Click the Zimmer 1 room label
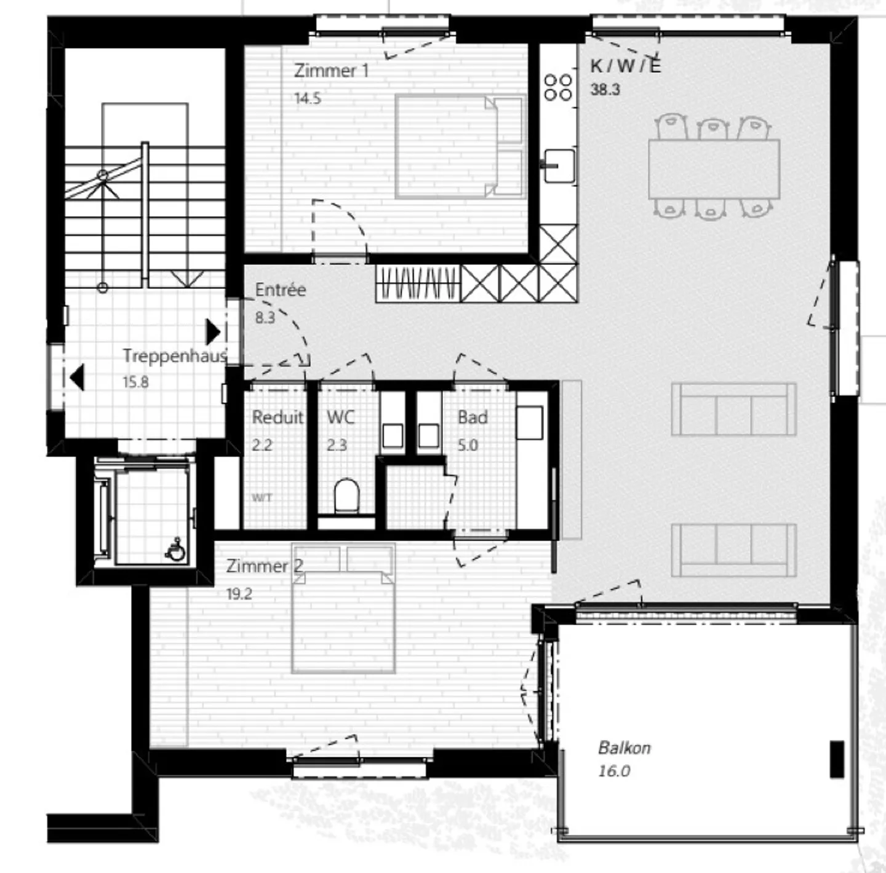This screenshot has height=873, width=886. (331, 71)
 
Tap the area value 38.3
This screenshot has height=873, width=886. (605, 90)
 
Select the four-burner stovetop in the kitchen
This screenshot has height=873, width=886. (558, 87)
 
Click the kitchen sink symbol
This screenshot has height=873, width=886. (559, 165)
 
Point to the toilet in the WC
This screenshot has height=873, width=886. (346, 496)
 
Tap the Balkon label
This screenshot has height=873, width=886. (624, 748)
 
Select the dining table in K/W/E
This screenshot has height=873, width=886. (714, 168)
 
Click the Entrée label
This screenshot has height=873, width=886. (281, 290)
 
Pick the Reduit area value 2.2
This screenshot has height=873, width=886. (262, 444)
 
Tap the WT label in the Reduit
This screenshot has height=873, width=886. (261, 498)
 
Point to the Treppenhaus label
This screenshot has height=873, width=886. (174, 355)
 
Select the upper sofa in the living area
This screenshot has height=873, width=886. (733, 409)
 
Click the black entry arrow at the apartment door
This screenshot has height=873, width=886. (212, 331)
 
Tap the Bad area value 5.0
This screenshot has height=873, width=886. (468, 444)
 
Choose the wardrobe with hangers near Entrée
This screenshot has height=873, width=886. (418, 283)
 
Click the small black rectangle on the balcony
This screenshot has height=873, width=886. (837, 759)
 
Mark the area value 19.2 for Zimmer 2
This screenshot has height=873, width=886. (239, 594)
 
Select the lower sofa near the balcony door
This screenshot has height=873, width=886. (733, 550)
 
